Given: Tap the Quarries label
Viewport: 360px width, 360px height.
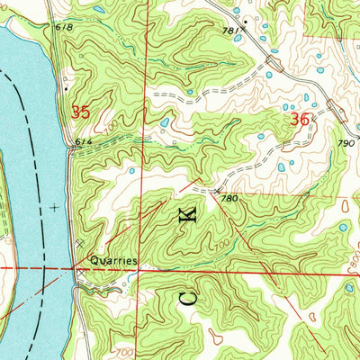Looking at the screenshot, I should pyautogui.click(x=112, y=260).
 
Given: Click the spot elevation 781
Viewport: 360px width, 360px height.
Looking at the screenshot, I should pyautogui.click(x=234, y=31).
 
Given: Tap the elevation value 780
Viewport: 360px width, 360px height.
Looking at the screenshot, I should pyautogui.click(x=229, y=199).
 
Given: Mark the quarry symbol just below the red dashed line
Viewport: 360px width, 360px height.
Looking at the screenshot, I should pyautogui.click(x=79, y=275).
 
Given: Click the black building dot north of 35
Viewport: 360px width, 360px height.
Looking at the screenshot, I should pyautogui.click(x=66, y=89).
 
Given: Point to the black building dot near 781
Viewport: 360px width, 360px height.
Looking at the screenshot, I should pyautogui.click(x=245, y=19).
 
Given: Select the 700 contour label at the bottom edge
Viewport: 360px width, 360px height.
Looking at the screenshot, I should pyautogui.click(x=124, y=351).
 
